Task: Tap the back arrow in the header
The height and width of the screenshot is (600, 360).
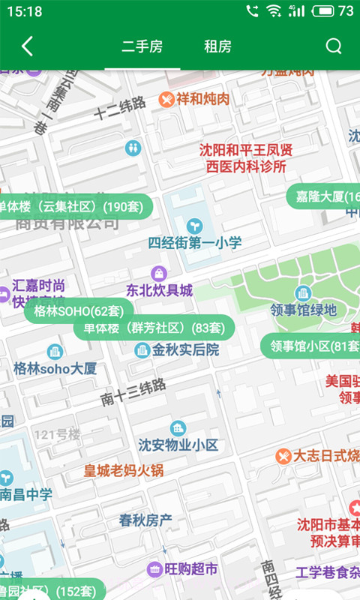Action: coord(27,46)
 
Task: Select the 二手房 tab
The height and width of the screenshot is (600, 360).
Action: coord(142,46)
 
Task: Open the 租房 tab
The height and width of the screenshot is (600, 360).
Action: coord(217,46)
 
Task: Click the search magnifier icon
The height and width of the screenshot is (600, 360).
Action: coord(334,46)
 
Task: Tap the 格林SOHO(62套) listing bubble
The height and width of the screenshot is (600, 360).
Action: coord(79,310)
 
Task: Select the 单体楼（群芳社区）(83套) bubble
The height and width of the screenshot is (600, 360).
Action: coord(154,328)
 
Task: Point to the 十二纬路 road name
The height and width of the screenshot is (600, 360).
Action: coord(120,109)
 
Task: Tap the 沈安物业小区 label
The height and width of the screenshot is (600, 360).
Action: coord(178,444)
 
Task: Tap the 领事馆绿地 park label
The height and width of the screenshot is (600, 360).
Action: coord(303,309)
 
